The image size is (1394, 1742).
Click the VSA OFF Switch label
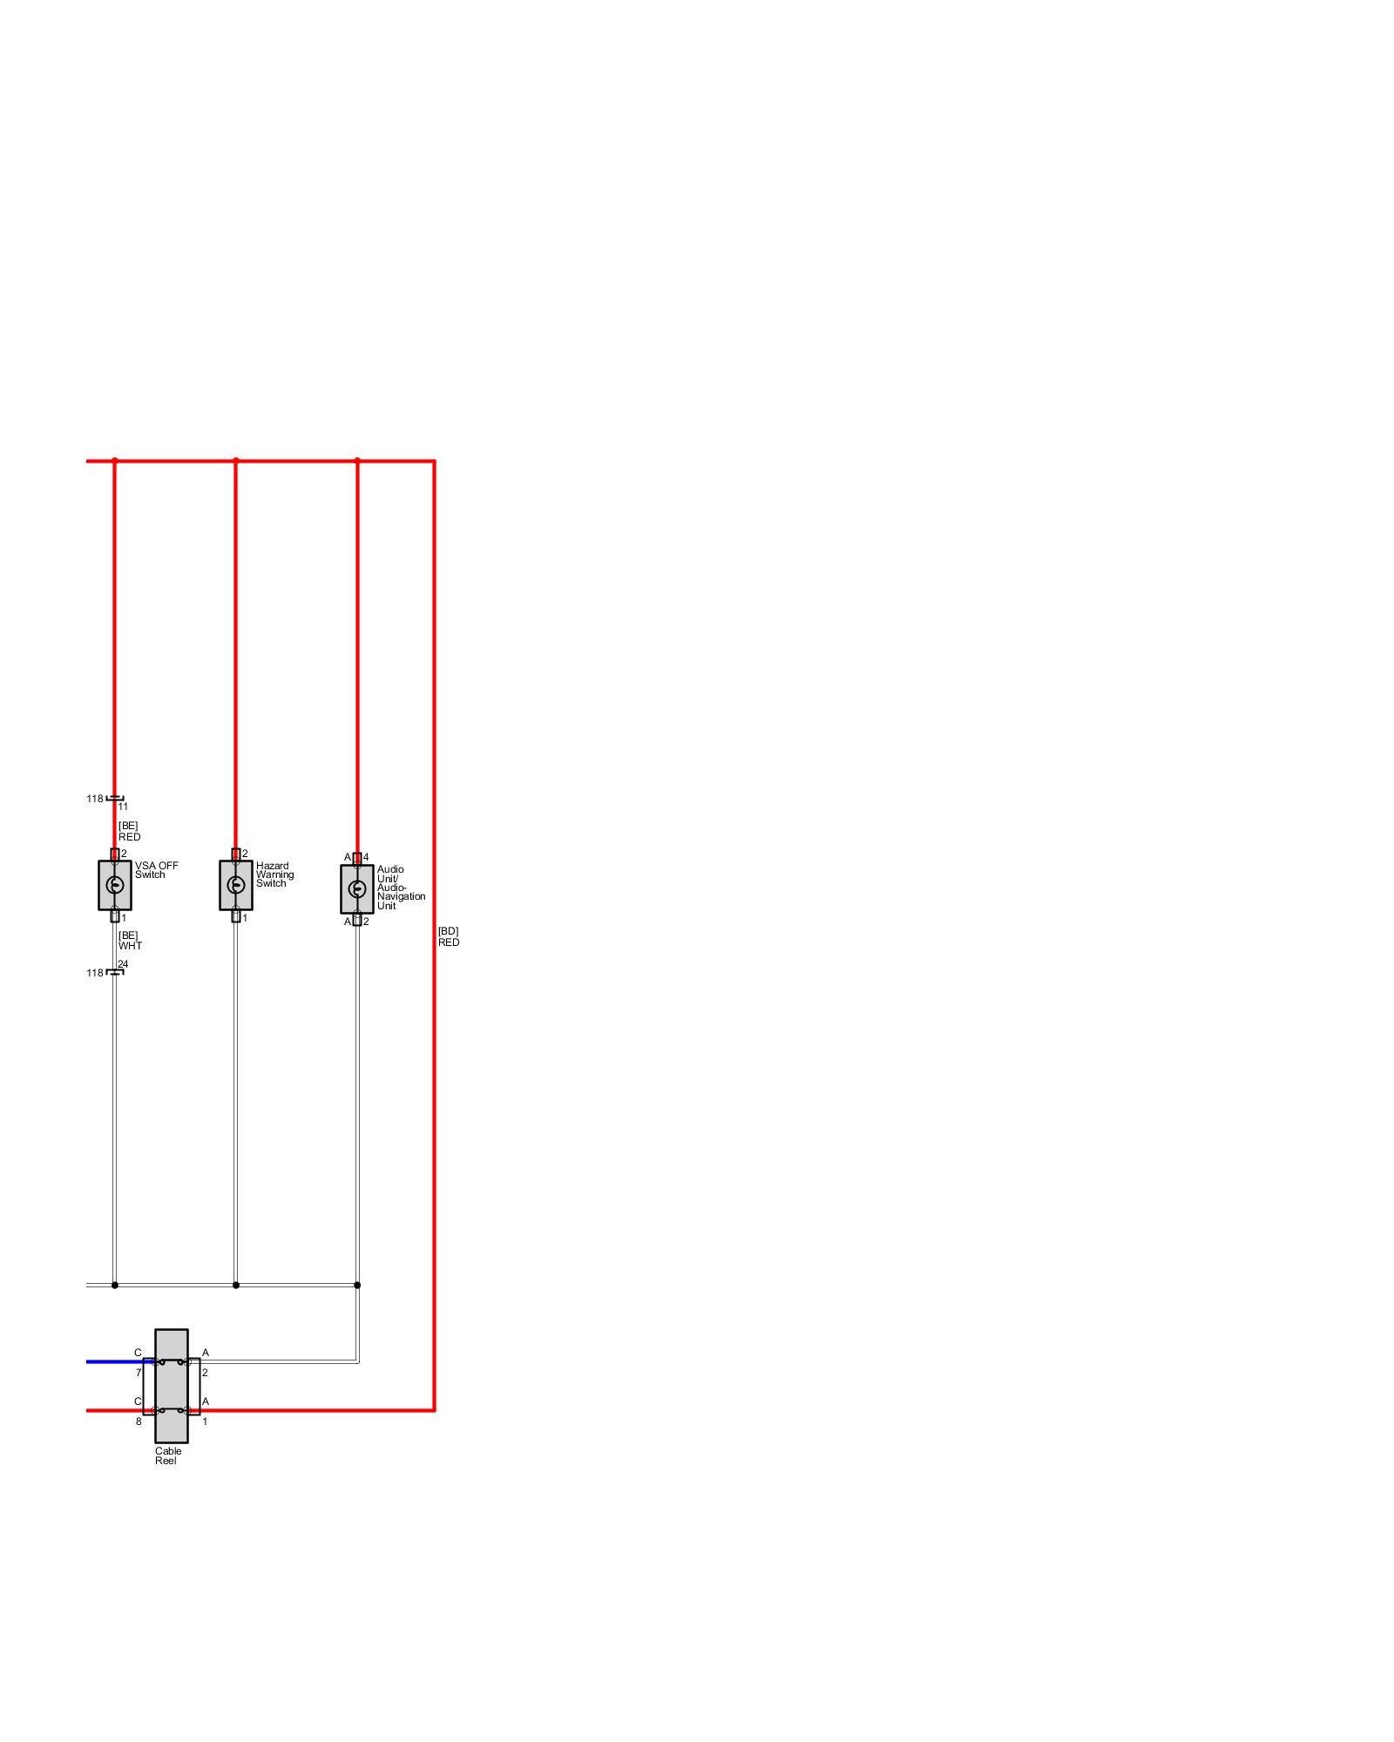[x=156, y=870]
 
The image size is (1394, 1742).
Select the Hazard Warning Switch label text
[x=274, y=874]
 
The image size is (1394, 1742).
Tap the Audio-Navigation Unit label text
[x=401, y=888]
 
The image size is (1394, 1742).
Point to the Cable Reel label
[x=168, y=1455]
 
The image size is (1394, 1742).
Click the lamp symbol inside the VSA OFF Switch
[x=115, y=886]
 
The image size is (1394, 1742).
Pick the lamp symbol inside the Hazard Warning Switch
[x=236, y=886]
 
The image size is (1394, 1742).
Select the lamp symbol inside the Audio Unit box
[x=357, y=889]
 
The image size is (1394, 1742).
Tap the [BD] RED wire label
[x=449, y=936]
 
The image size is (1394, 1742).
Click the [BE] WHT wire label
[x=130, y=941]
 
